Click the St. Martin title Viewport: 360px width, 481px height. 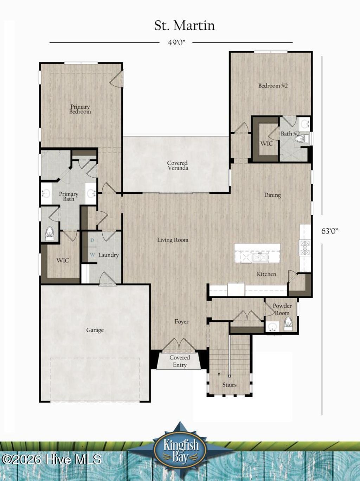coord(184,26)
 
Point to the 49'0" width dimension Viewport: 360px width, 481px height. coord(176,43)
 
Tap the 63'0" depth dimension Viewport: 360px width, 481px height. coord(329,231)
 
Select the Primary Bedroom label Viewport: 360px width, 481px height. coord(80,109)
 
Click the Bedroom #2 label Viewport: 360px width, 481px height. coord(273,85)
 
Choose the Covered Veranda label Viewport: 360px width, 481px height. coord(177,165)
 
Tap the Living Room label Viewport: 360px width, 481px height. coord(172,240)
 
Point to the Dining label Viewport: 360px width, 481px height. coord(272,195)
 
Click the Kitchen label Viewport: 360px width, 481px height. coord(266,274)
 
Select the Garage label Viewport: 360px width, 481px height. coord(95,330)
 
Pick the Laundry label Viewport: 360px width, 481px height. coord(108,255)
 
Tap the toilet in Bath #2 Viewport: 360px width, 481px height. coord(300,139)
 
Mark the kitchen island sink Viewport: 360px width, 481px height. coord(259,257)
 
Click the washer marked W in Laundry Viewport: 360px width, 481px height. coord(92,254)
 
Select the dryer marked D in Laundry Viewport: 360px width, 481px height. coord(92,240)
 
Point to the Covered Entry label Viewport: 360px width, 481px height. coord(179,361)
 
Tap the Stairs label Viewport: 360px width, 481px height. coord(229,385)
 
